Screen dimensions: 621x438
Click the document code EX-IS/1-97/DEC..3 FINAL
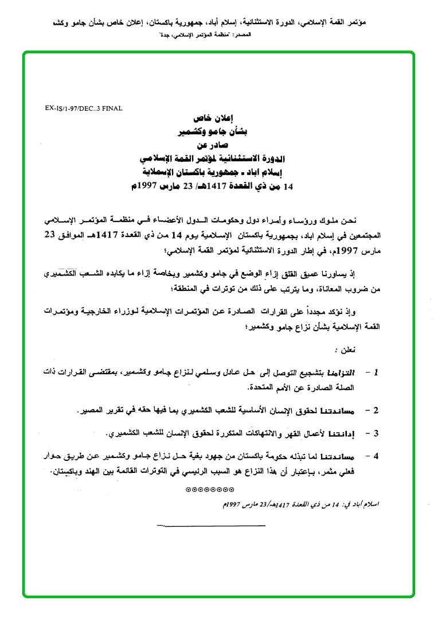[83, 107]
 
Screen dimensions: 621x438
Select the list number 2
[376, 411]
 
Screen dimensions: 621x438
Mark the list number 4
[376, 457]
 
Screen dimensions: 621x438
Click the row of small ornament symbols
[210, 490]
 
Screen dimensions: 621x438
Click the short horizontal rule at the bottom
[210, 525]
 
